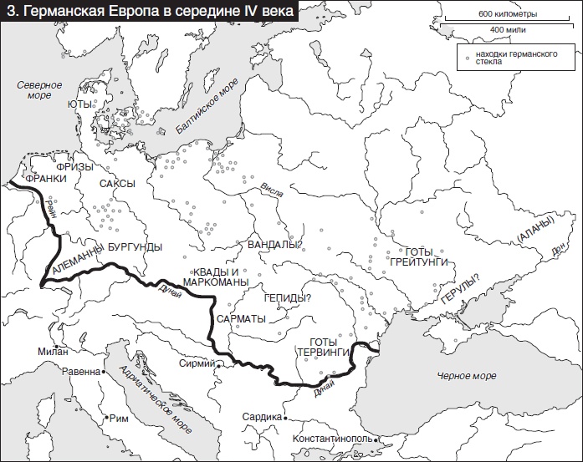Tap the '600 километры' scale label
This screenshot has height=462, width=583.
point(508,15)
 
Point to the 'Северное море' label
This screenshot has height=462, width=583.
point(39,90)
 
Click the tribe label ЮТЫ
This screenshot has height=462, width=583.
point(80,104)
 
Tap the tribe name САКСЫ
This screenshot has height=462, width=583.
point(117,184)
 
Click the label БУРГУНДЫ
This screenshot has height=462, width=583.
point(134,246)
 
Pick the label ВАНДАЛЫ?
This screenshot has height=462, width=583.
point(274,245)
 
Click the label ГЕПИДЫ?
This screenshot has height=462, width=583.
point(287,298)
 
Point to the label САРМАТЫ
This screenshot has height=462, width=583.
point(241,320)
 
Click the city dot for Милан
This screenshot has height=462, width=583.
point(56,346)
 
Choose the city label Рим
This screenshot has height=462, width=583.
point(119,418)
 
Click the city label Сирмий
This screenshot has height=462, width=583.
point(197,364)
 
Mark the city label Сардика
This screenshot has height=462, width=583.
point(262,417)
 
